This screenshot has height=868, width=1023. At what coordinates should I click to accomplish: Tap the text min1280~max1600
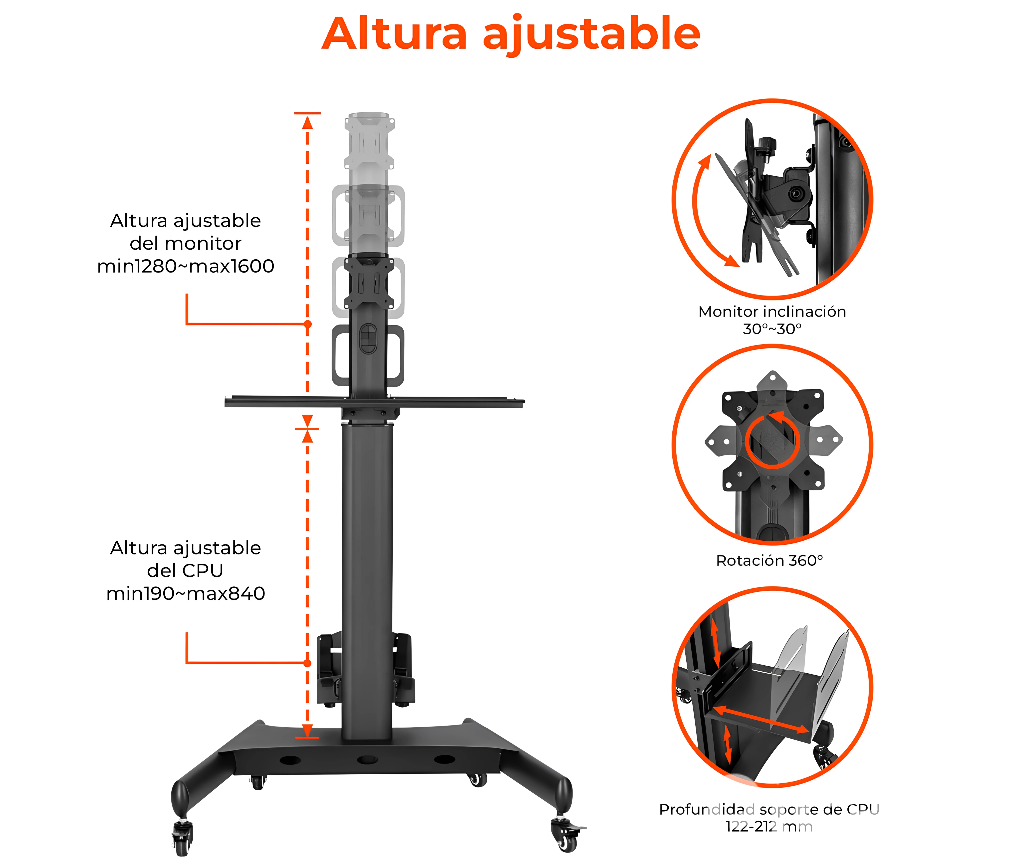(185, 266)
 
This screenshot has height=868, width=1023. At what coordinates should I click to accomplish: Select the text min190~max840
(185, 593)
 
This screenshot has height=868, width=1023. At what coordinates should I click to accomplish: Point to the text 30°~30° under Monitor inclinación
(772, 329)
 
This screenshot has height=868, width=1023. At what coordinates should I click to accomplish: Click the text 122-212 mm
(769, 827)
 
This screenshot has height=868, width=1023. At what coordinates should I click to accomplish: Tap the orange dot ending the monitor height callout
(308, 324)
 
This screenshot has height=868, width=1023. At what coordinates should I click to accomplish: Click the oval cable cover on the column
(368, 339)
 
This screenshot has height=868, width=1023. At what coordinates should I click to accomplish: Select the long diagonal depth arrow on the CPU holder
(761, 719)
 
